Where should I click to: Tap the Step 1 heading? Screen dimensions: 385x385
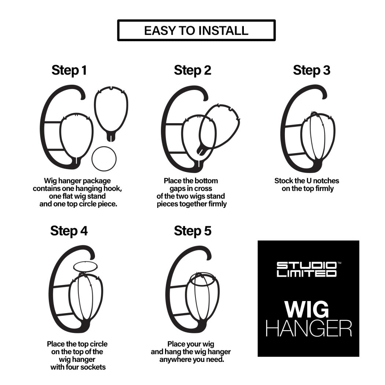pyautogui.click(x=69, y=70)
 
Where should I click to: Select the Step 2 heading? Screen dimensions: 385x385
pyautogui.click(x=192, y=70)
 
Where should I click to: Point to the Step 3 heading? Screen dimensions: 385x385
pyautogui.click(x=311, y=70)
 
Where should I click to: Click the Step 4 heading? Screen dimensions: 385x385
pyautogui.click(x=69, y=231)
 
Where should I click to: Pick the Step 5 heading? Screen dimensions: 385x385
pyautogui.click(x=192, y=231)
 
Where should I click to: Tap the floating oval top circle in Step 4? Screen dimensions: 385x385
pyautogui.click(x=85, y=262)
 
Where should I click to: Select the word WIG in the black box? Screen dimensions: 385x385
pyautogui.click(x=307, y=309)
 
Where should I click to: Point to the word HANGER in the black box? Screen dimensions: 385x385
pyautogui.click(x=309, y=329)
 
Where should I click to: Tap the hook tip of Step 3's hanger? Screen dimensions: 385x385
pyautogui.click(x=324, y=96)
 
